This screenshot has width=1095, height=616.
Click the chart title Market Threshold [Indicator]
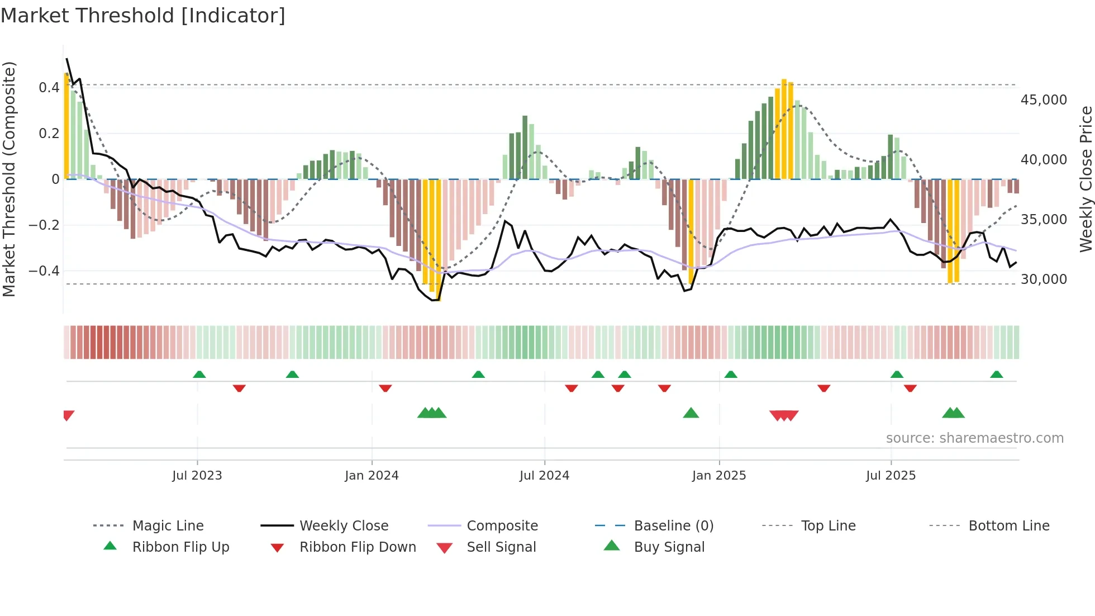coord(143,16)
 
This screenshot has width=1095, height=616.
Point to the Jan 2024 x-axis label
coord(372,475)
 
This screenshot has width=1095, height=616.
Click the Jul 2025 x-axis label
coord(891,475)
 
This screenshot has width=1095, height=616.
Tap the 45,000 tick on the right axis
coord(1044,100)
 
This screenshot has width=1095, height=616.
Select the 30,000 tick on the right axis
coord(1044,279)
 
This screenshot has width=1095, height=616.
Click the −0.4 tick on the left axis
coord(44,271)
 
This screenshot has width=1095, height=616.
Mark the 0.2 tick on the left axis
coord(49,133)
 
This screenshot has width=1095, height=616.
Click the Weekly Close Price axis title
coord(1086,179)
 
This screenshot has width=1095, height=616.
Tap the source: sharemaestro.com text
coord(974,438)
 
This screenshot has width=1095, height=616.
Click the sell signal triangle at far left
coord(68,415)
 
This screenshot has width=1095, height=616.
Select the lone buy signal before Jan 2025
coord(691,413)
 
